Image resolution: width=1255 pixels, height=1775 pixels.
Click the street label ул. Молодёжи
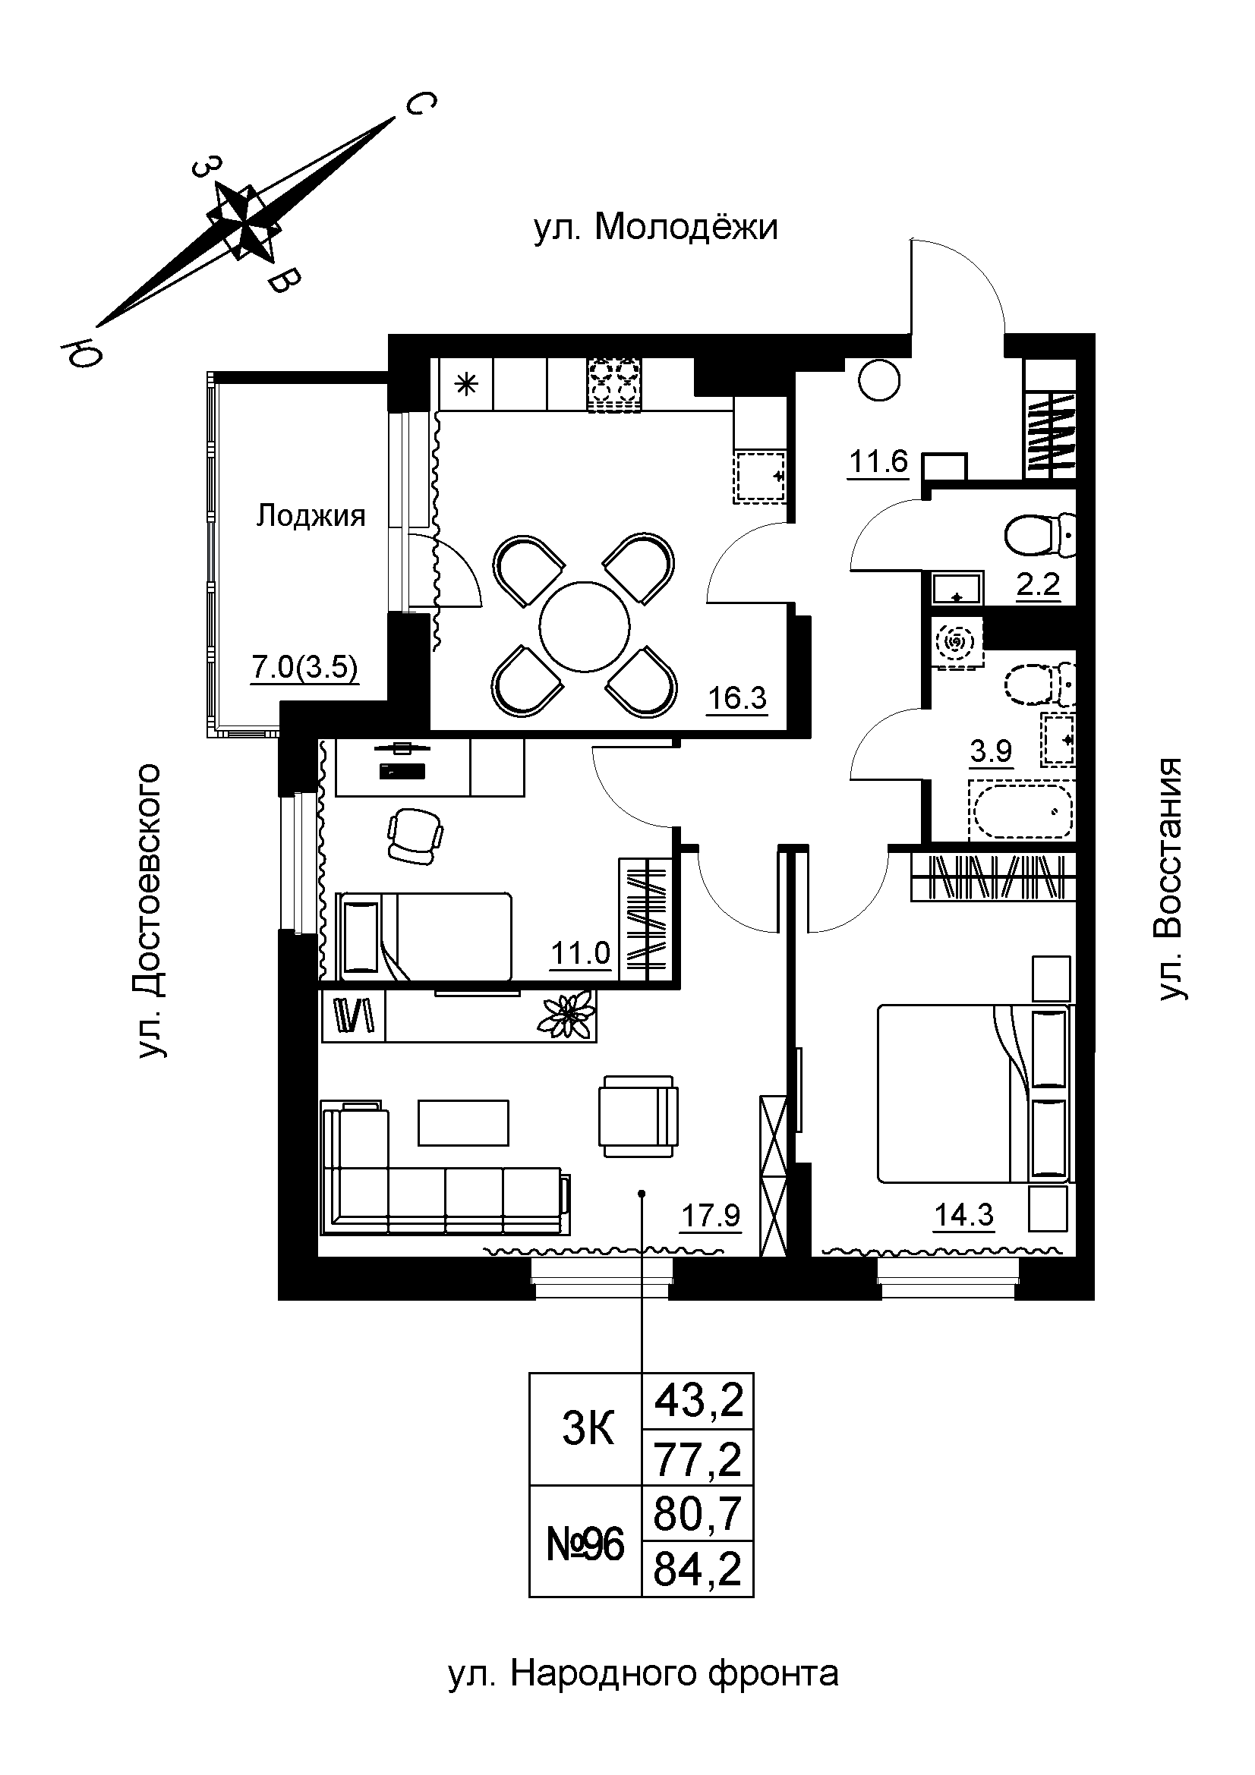[x=655, y=228]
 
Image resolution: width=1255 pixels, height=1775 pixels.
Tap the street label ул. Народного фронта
[x=643, y=1673]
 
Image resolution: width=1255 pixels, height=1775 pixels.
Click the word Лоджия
[x=311, y=515]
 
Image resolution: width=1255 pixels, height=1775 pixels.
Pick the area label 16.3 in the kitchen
[x=737, y=698]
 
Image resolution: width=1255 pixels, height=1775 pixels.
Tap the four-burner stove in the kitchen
[x=616, y=384]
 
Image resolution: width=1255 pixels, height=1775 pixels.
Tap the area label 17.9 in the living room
[x=710, y=1216]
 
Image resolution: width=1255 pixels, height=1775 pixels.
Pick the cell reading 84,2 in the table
[x=698, y=1570]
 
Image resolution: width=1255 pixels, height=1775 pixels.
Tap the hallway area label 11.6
[x=878, y=461]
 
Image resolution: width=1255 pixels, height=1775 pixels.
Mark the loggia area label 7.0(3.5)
[x=305, y=666]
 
